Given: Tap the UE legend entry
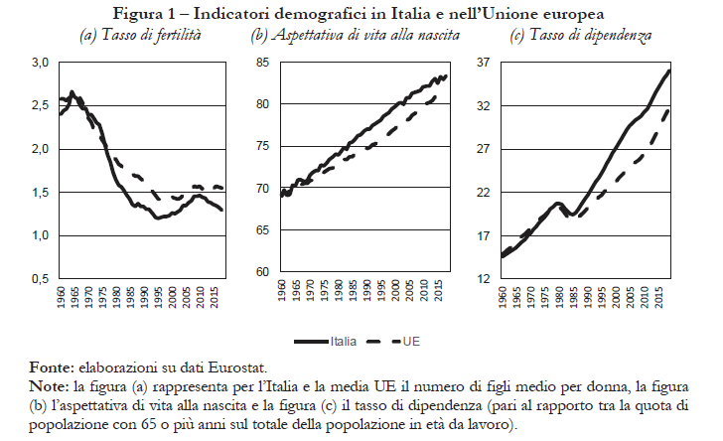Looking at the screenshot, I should [x=412, y=340].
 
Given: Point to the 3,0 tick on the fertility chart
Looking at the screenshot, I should [x=40, y=63].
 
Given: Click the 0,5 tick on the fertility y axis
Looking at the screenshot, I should [x=40, y=279].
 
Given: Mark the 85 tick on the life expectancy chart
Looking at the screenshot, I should [x=262, y=63].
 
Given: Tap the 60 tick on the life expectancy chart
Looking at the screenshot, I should [x=262, y=271].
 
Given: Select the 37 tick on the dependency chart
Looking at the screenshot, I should [x=485, y=63].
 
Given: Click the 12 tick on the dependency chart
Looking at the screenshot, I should [x=485, y=279].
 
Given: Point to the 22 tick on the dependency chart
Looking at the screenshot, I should [x=485, y=193].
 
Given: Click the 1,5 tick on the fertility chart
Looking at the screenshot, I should [x=40, y=193].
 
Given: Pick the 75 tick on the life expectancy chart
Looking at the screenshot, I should [x=262, y=146].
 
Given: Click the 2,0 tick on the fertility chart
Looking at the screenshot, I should [x=40, y=149].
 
